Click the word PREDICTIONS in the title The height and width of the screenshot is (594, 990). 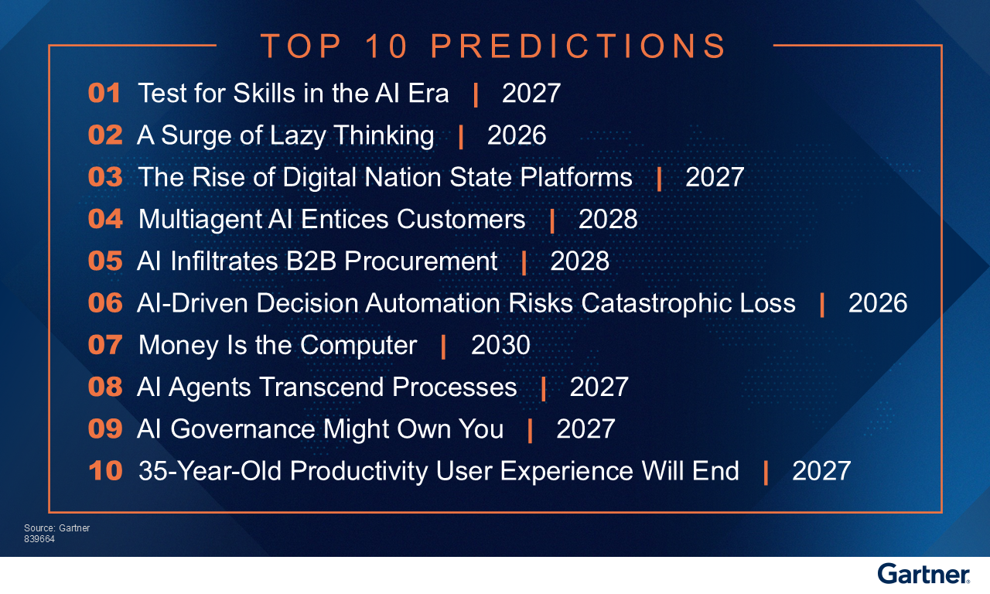pyautogui.click(x=579, y=46)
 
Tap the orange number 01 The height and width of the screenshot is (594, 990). pyautogui.click(x=104, y=94)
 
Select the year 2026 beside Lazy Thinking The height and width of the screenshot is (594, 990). pyautogui.click(x=517, y=135)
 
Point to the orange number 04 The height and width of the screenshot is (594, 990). pyautogui.click(x=105, y=219)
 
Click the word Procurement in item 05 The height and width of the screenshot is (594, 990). pyautogui.click(x=421, y=261)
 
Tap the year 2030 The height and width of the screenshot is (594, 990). pyautogui.click(x=500, y=345)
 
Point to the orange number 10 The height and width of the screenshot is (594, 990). pyautogui.click(x=105, y=471)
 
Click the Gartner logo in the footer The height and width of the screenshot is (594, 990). pyautogui.click(x=923, y=574)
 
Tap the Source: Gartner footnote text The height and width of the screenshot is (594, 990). pyautogui.click(x=56, y=528)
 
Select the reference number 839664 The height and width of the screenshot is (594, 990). pyautogui.click(x=39, y=539)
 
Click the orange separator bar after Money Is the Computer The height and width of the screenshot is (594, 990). pyautogui.click(x=443, y=346)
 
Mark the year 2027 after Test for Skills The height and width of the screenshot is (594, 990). pyautogui.click(x=531, y=94)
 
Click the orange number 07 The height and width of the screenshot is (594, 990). pyautogui.click(x=105, y=345)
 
